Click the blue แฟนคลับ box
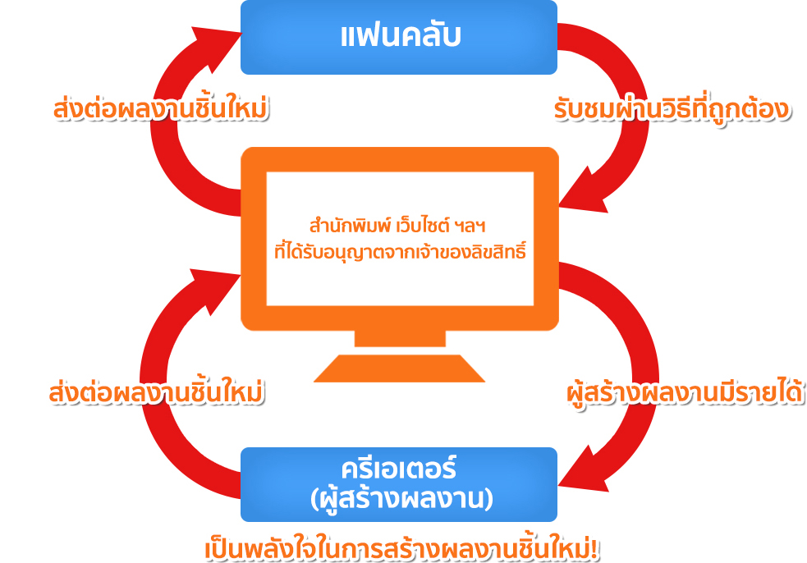399,37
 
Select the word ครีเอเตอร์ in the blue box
399,470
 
